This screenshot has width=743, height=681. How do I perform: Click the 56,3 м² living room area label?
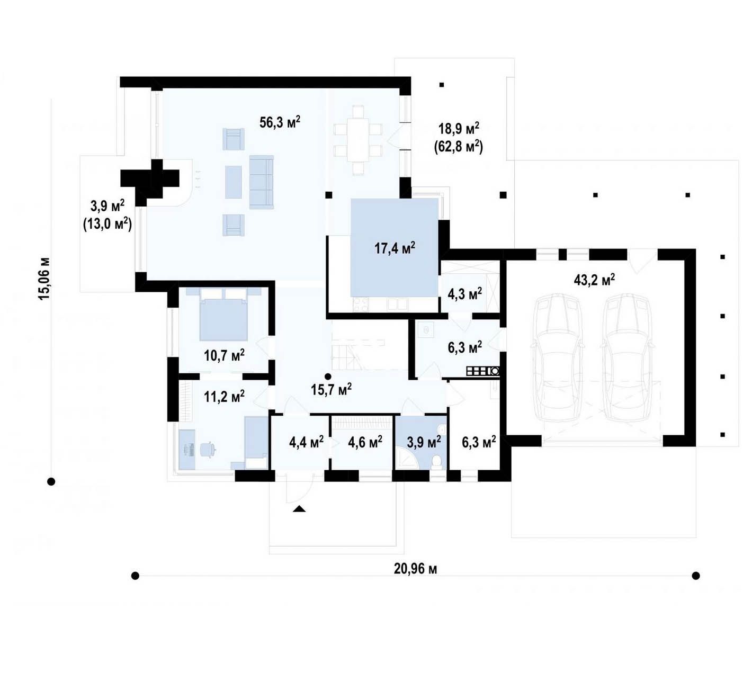(280, 122)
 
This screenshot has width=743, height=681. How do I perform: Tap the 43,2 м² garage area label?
(595, 280)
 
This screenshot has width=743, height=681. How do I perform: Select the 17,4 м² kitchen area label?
(395, 248)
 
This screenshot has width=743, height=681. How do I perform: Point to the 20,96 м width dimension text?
(415, 569)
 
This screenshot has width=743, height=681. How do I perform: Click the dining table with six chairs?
(358, 140)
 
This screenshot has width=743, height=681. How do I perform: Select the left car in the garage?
(556, 357)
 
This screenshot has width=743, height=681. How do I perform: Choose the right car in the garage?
(628, 357)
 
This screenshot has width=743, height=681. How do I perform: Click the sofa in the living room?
(262, 182)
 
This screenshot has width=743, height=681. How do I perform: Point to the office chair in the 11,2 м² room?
(208, 450)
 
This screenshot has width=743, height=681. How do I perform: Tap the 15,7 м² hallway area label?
(331, 389)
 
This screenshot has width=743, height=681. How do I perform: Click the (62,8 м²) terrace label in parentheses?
(459, 147)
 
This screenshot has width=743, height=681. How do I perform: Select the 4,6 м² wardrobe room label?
(365, 442)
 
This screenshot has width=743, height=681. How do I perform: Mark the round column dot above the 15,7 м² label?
(328, 377)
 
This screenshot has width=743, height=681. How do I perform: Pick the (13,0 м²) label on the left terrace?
(108, 224)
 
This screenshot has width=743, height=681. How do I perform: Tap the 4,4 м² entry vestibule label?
(306, 442)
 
